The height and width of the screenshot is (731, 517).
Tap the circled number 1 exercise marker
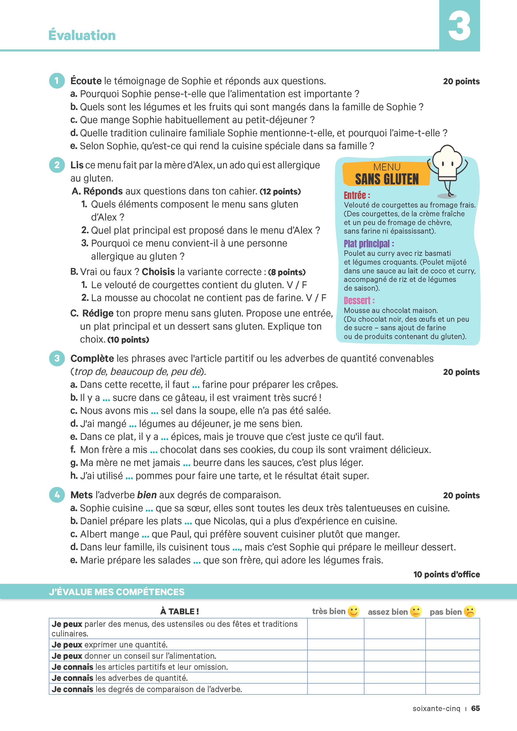point(57,81)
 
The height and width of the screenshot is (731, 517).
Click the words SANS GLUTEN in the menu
point(387,179)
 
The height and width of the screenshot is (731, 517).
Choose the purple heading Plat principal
point(369,244)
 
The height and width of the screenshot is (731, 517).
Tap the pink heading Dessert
point(359,300)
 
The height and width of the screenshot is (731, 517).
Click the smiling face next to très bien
point(353,611)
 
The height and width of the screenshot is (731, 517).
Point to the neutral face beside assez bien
point(416,611)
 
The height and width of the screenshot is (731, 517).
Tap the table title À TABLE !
point(180,611)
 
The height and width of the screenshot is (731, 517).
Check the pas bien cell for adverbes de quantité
point(452,678)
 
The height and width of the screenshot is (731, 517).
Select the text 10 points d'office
point(446,574)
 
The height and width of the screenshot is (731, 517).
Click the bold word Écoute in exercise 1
point(86,81)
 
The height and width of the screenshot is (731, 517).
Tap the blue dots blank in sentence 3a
point(196,386)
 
